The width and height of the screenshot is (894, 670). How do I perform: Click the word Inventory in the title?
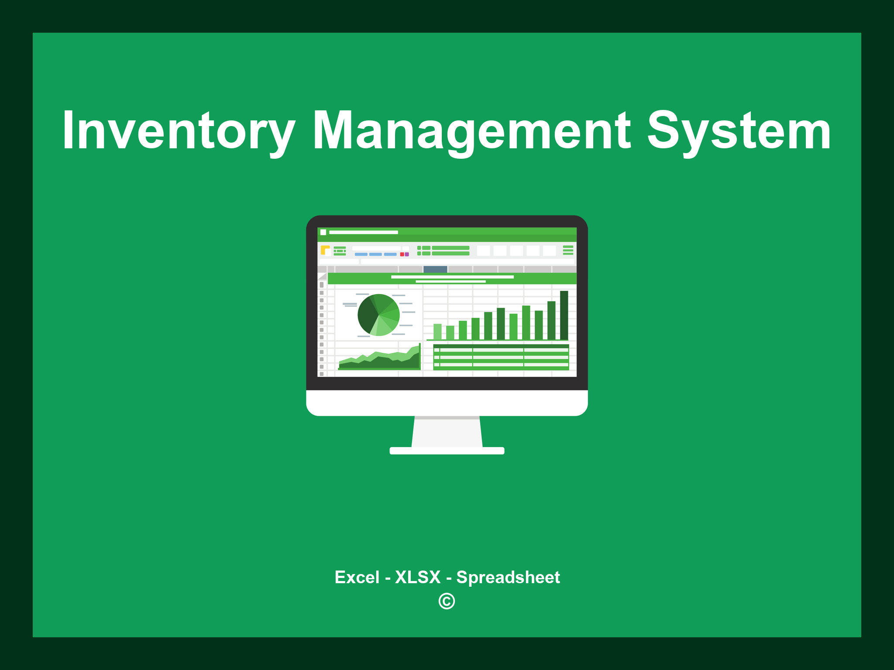(178, 131)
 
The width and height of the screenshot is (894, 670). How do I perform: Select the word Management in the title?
(471, 131)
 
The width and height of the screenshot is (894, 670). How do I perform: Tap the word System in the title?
(739, 131)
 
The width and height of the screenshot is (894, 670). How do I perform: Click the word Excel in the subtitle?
(357, 577)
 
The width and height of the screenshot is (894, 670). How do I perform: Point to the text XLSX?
(418, 577)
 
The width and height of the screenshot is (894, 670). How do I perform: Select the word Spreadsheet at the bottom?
(508, 577)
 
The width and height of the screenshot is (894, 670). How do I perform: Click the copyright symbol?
(447, 601)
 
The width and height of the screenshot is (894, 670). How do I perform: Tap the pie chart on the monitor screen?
(378, 315)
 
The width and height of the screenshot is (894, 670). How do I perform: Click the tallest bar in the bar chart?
(564, 315)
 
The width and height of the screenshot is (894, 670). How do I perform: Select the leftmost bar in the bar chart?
(437, 332)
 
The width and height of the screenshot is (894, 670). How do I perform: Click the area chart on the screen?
(379, 360)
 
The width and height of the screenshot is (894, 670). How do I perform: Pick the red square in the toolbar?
(402, 254)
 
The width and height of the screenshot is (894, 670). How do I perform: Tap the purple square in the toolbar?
(407, 254)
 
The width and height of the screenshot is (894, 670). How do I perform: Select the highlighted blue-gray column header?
(435, 269)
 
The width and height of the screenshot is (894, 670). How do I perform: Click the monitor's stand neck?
(447, 432)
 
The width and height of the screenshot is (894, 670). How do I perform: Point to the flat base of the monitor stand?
(447, 451)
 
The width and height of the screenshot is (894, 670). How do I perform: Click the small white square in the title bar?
(323, 232)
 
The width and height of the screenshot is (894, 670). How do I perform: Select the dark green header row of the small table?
(501, 346)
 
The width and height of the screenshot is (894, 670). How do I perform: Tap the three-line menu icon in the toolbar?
(568, 250)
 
